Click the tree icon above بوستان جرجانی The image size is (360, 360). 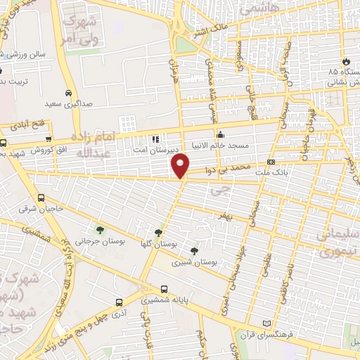coord(100,229)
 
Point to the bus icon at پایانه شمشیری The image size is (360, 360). coord(164,289)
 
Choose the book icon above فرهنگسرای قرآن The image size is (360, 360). coord(266,323)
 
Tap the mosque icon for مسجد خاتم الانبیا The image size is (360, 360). coord(221,134)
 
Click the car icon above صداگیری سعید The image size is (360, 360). coord(67,93)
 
